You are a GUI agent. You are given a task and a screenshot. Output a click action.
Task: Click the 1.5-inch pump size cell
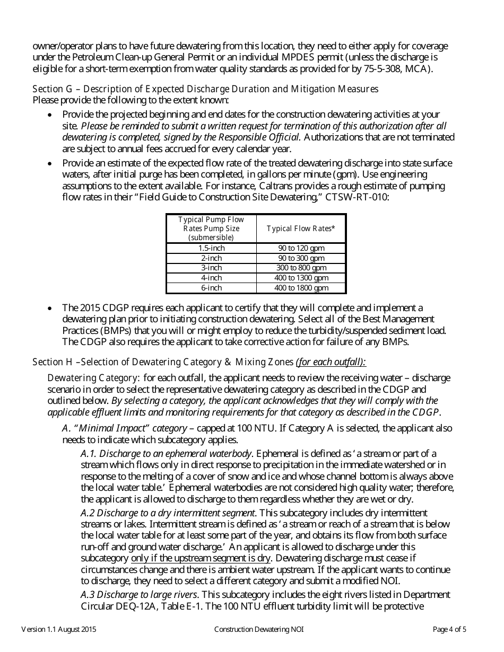coord(211,248)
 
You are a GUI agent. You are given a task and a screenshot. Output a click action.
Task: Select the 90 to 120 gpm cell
coord(301,248)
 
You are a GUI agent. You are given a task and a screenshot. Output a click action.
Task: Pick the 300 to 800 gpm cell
coord(301,268)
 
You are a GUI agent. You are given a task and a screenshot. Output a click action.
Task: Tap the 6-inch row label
coord(211,288)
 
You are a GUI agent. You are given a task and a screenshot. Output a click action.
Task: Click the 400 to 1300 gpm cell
coord(301,278)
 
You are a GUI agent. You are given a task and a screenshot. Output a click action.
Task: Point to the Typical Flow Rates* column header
coord(301,228)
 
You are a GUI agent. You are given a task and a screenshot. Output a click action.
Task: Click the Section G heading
coord(205,89)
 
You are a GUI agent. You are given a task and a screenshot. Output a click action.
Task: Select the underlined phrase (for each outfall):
coord(331,362)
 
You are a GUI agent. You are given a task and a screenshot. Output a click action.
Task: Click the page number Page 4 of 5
coord(449,630)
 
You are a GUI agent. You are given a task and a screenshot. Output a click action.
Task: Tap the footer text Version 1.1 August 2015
coord(59,630)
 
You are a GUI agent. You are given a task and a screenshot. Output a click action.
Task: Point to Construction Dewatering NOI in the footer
coord(259,630)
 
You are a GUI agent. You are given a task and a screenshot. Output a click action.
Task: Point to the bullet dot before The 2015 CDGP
coord(50,308)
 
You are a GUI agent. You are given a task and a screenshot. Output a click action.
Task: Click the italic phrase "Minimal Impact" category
coord(131,428)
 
